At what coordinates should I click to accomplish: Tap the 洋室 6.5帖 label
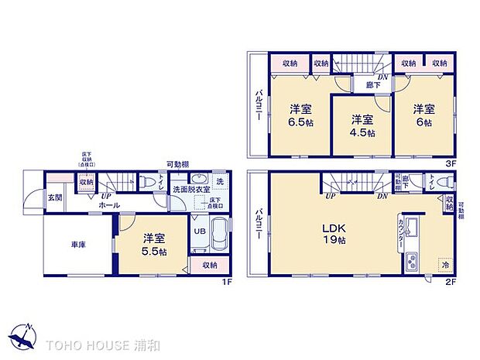pos(300,115)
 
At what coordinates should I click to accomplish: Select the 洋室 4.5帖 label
pos(361,125)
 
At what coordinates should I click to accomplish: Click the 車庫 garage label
pos(78,245)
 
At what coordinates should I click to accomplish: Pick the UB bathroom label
pos(198,231)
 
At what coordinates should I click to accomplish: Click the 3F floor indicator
pos(449,164)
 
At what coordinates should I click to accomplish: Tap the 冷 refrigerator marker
pos(444,263)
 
